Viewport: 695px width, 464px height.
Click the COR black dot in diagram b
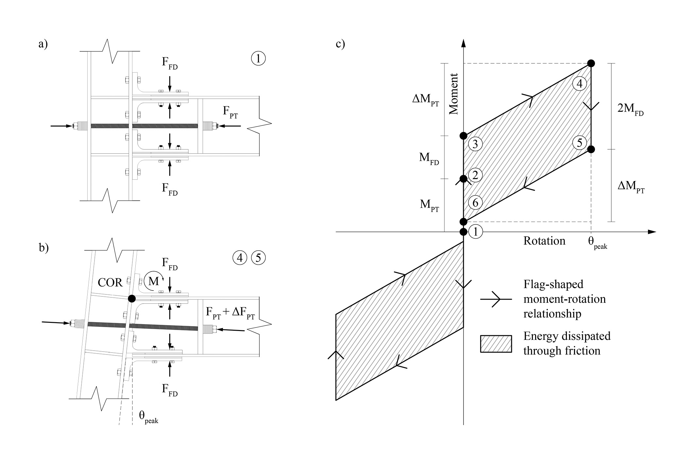point(132,298)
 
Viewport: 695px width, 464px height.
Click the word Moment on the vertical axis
point(453,94)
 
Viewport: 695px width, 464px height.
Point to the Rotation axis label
point(544,241)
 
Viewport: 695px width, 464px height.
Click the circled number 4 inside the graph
point(579,84)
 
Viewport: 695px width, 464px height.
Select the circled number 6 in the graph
point(475,203)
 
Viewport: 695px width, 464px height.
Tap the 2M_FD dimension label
point(630,108)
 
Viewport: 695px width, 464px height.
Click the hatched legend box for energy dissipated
point(496,344)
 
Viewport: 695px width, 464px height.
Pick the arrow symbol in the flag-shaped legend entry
point(496,299)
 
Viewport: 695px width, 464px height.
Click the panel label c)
point(340,44)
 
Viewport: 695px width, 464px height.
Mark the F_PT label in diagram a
point(230,111)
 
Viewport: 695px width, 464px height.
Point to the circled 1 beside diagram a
point(259,59)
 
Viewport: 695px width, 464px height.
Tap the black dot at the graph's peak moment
point(591,63)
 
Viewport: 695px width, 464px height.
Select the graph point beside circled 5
point(591,149)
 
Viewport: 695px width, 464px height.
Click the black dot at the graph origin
point(463,232)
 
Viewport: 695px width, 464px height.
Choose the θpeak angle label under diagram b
point(148,416)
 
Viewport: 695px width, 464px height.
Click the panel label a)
point(43,44)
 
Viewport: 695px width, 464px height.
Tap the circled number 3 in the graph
point(475,144)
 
